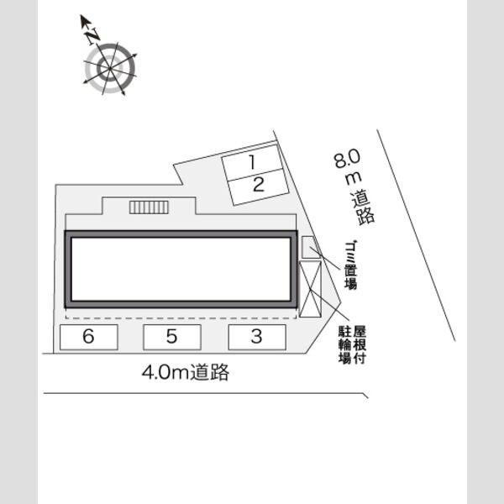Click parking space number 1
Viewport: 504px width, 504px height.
coord(252,163)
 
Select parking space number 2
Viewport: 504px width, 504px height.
coord(259,187)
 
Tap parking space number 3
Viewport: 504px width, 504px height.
coord(257,337)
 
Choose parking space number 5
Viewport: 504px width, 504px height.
coord(172,337)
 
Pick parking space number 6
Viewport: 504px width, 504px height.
coord(89,337)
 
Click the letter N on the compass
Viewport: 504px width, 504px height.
coord(93,35)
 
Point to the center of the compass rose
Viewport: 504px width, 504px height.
coord(109,69)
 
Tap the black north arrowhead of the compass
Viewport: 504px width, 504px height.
coord(85,20)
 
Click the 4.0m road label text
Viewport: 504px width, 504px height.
coord(186,372)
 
